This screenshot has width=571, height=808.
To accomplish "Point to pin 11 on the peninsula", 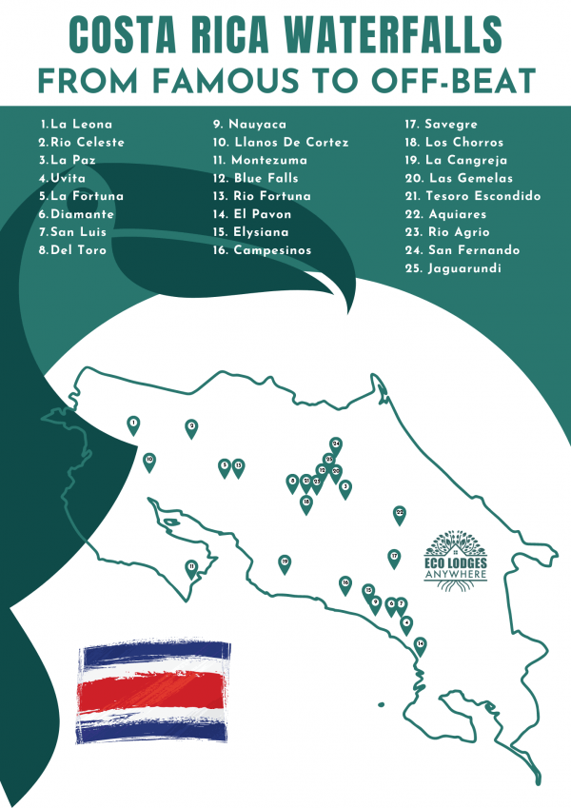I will (191, 568).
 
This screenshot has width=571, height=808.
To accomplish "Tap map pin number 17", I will (394, 557).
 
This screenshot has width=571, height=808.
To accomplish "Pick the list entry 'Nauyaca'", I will (250, 124).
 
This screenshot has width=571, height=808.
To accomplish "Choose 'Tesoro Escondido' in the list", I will (472, 196).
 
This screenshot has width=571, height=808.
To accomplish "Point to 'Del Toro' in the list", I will (72, 250).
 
